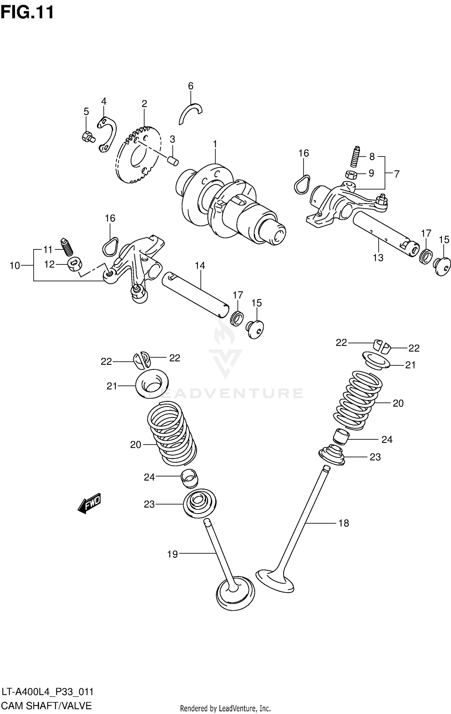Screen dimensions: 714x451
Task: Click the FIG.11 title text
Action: pyautogui.click(x=27, y=13)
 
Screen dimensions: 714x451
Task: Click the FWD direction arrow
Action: pyautogui.click(x=89, y=503)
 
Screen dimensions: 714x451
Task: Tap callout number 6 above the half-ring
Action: pyautogui.click(x=191, y=86)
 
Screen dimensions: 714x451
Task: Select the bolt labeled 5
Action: pyautogui.click(x=88, y=138)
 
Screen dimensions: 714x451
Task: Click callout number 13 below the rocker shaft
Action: pyautogui.click(x=378, y=258)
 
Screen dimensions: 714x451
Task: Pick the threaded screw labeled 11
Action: pyautogui.click(x=68, y=247)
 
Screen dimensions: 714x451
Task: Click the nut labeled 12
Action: pyautogui.click(x=74, y=264)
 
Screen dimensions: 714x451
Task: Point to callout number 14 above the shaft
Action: pyautogui.click(x=200, y=266)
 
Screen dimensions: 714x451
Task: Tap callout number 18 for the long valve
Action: pyautogui.click(x=344, y=523)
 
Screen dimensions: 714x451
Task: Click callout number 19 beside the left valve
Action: pyautogui.click(x=173, y=554)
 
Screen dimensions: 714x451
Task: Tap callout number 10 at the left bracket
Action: pyautogui.click(x=14, y=266)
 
